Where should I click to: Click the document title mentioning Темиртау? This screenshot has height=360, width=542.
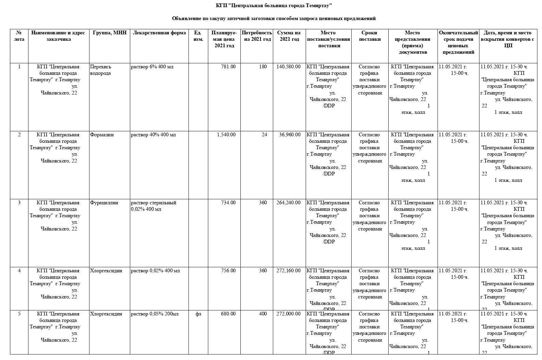point(274,6)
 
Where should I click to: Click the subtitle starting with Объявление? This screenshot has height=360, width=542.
point(274,18)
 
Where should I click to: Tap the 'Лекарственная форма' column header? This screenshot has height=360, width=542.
point(159,33)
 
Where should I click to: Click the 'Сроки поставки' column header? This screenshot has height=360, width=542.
point(370,36)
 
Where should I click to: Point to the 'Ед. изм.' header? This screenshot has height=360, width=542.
point(198,36)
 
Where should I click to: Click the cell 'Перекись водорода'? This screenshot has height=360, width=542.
point(101,70)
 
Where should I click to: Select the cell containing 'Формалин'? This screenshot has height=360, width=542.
point(102,135)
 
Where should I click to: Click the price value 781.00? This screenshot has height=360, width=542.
point(228,67)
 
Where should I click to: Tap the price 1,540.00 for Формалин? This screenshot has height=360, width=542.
point(226,135)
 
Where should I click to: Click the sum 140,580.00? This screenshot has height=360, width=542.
point(288,67)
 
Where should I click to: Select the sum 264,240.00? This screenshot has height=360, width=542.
point(288,203)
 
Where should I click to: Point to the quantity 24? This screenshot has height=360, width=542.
point(264,135)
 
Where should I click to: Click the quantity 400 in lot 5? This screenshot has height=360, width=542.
point(263,314)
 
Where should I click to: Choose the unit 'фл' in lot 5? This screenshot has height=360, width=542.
point(198,314)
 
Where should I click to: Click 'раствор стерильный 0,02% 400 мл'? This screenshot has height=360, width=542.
point(154,206)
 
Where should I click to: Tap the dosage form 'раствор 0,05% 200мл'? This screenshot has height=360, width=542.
point(155,314)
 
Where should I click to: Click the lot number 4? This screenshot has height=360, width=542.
point(19,271)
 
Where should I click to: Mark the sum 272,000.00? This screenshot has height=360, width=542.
point(288,314)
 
